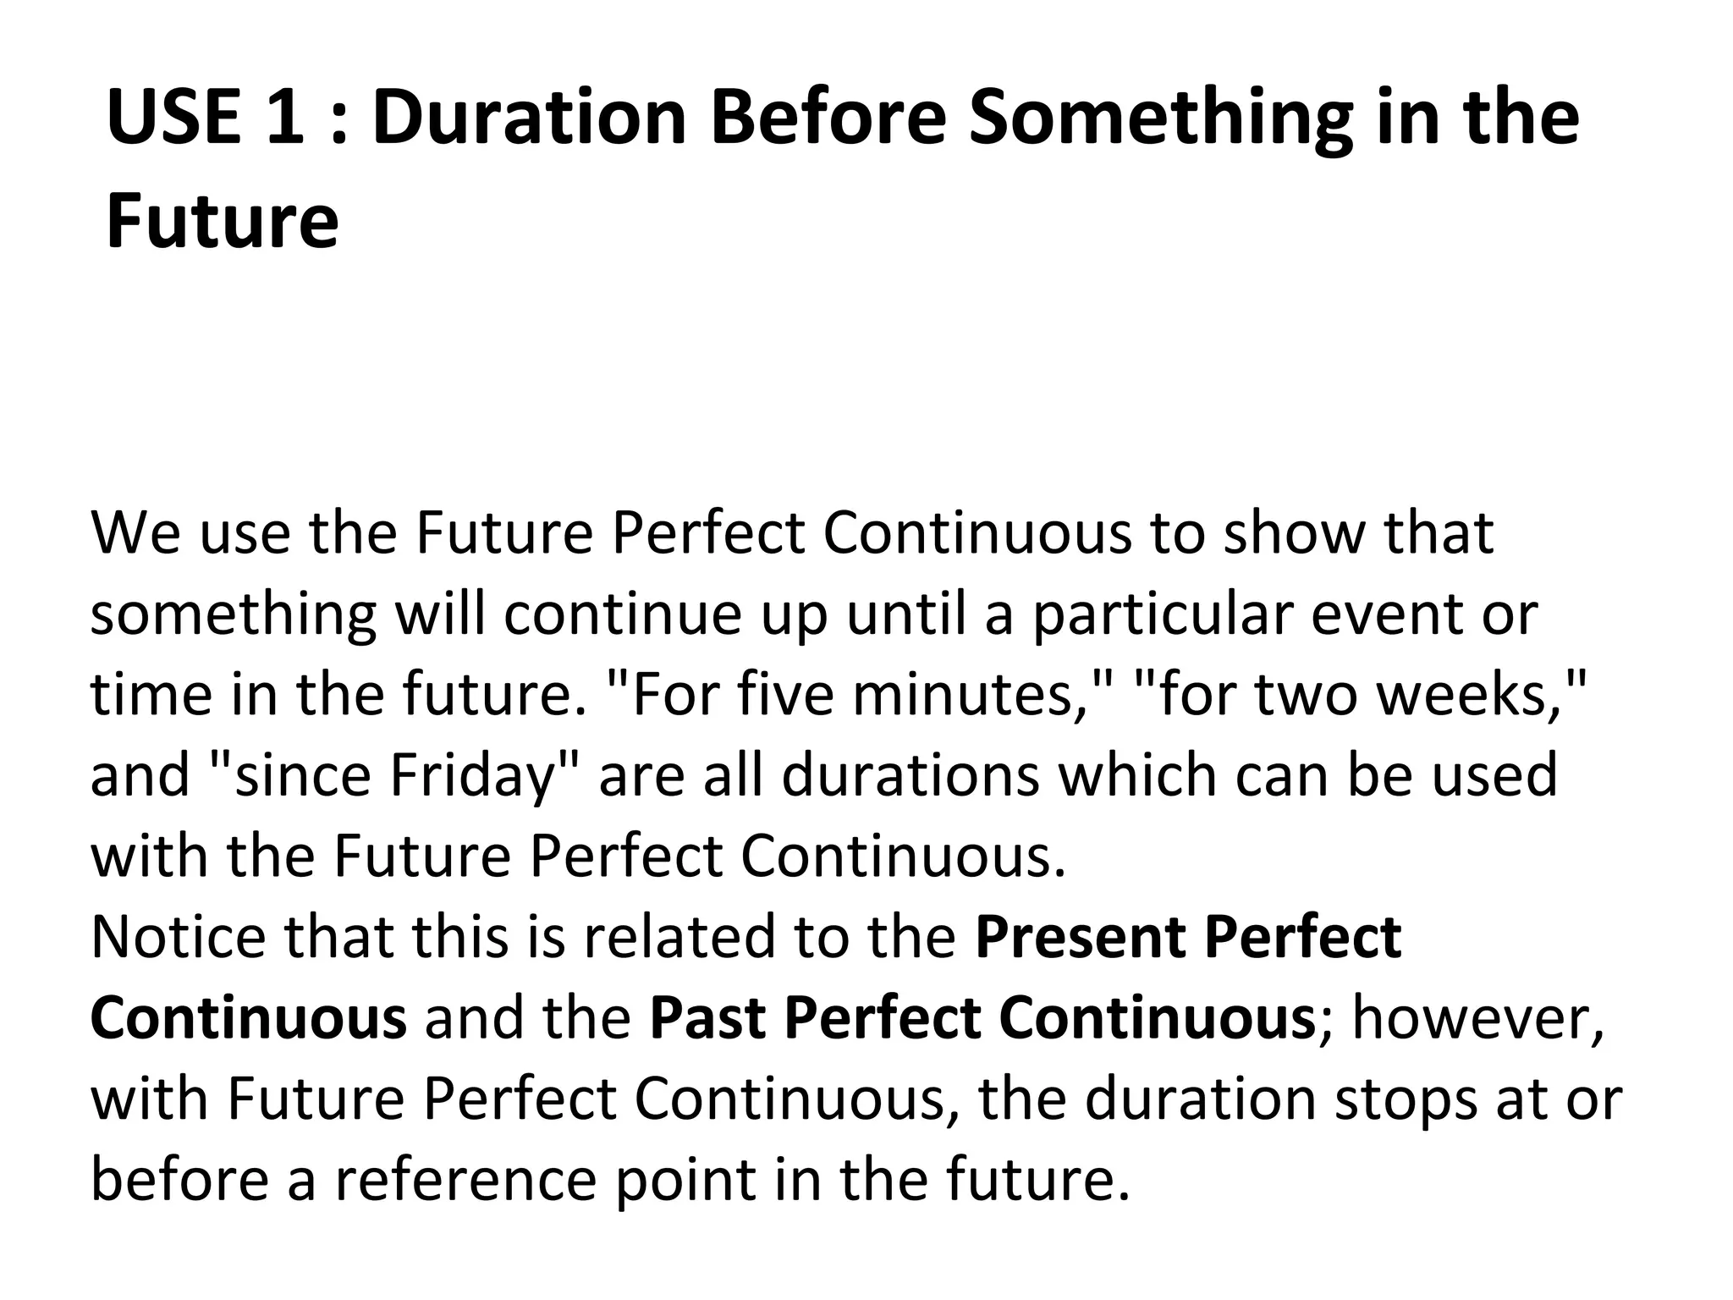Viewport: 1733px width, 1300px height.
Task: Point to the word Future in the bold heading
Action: point(223,222)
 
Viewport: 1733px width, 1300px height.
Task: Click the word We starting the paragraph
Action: point(135,533)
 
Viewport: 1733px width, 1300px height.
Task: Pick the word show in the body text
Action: point(1294,533)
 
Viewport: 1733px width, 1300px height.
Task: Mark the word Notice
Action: point(177,937)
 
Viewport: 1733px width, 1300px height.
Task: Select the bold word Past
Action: point(707,1018)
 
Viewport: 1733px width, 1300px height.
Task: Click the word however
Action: point(1476,1018)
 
